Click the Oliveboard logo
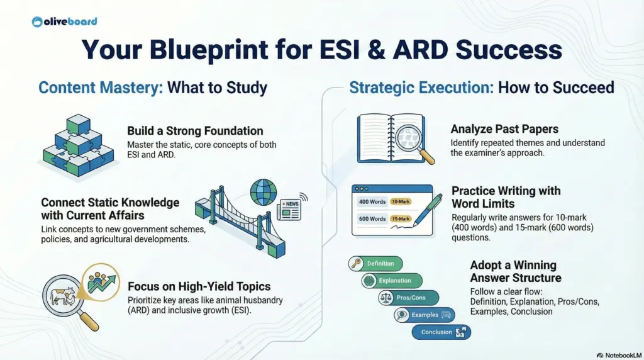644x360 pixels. (x=64, y=21)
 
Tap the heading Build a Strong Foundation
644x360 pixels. (x=195, y=131)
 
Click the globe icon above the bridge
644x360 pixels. (x=262, y=193)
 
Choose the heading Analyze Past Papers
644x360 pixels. (x=504, y=129)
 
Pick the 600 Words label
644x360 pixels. (x=372, y=218)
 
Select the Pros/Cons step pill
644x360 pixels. (x=408, y=298)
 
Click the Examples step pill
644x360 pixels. (x=424, y=315)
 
